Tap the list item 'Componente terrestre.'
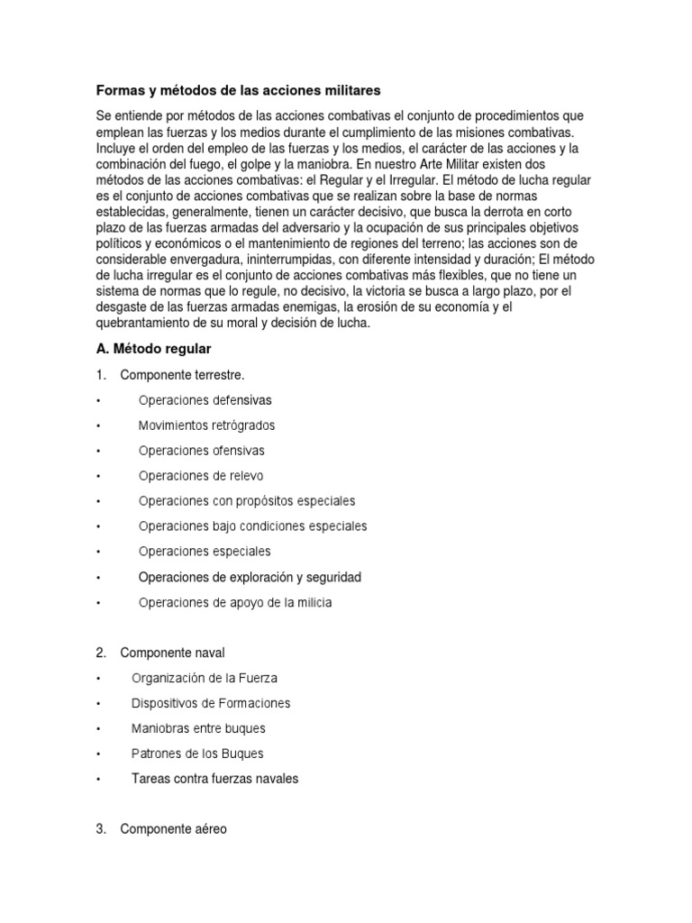pyautogui.click(x=182, y=374)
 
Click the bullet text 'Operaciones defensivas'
pyautogui.click(x=205, y=399)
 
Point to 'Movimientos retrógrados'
pyautogui.click(x=206, y=425)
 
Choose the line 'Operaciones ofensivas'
pyautogui.click(x=201, y=450)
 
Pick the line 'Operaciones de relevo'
pyautogui.click(x=201, y=475)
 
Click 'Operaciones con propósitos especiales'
pyautogui.click(x=247, y=500)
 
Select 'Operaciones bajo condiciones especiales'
pyautogui.click(x=252, y=525)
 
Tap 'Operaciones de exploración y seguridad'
pyautogui.click(x=250, y=577)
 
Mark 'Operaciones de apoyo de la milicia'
pyautogui.click(x=234, y=602)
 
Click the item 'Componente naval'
pyautogui.click(x=172, y=653)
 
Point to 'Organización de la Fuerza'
pyautogui.click(x=205, y=678)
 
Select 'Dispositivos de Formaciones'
pyautogui.click(x=211, y=703)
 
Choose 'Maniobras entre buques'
pyautogui.click(x=198, y=728)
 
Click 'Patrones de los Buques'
pyautogui.click(x=197, y=754)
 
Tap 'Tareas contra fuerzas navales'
pyautogui.click(x=214, y=779)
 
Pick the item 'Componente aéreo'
pyautogui.click(x=173, y=829)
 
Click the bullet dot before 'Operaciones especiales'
pyautogui.click(x=98, y=552)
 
